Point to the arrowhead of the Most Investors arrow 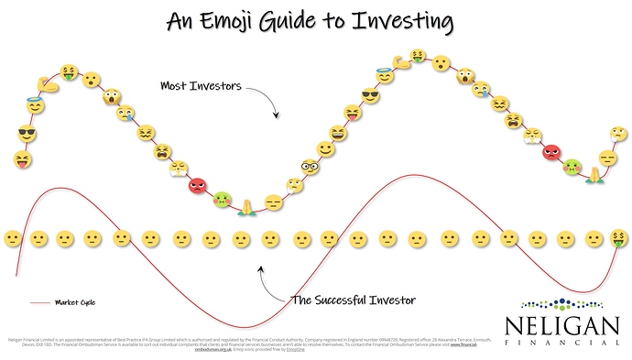[x=277, y=118]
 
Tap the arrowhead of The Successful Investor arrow [x=260, y=268]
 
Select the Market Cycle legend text [x=75, y=301]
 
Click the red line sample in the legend [x=39, y=301]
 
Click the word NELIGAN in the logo [x=560, y=322]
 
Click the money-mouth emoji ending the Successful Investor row [x=620, y=238]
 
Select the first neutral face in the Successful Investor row [x=13, y=238]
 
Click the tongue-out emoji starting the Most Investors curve [x=21, y=160]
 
